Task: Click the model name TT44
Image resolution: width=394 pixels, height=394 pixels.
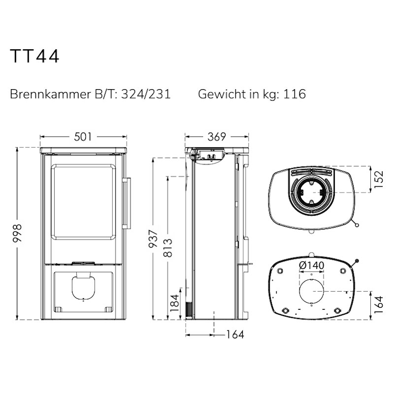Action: tap(34, 56)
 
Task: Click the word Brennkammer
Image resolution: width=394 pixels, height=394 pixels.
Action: tap(50, 94)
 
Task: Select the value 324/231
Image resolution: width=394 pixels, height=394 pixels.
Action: tap(146, 94)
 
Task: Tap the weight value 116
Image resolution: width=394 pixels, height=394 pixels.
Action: tap(295, 94)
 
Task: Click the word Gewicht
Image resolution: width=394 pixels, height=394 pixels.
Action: tap(222, 94)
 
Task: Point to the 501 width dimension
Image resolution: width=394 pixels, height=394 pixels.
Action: tap(83, 137)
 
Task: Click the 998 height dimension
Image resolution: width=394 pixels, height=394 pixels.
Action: tap(18, 233)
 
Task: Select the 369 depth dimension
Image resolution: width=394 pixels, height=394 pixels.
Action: tap(217, 137)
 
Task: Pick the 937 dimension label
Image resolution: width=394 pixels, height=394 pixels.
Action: tap(153, 239)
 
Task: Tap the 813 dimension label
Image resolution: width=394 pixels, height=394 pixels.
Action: tap(168, 248)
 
